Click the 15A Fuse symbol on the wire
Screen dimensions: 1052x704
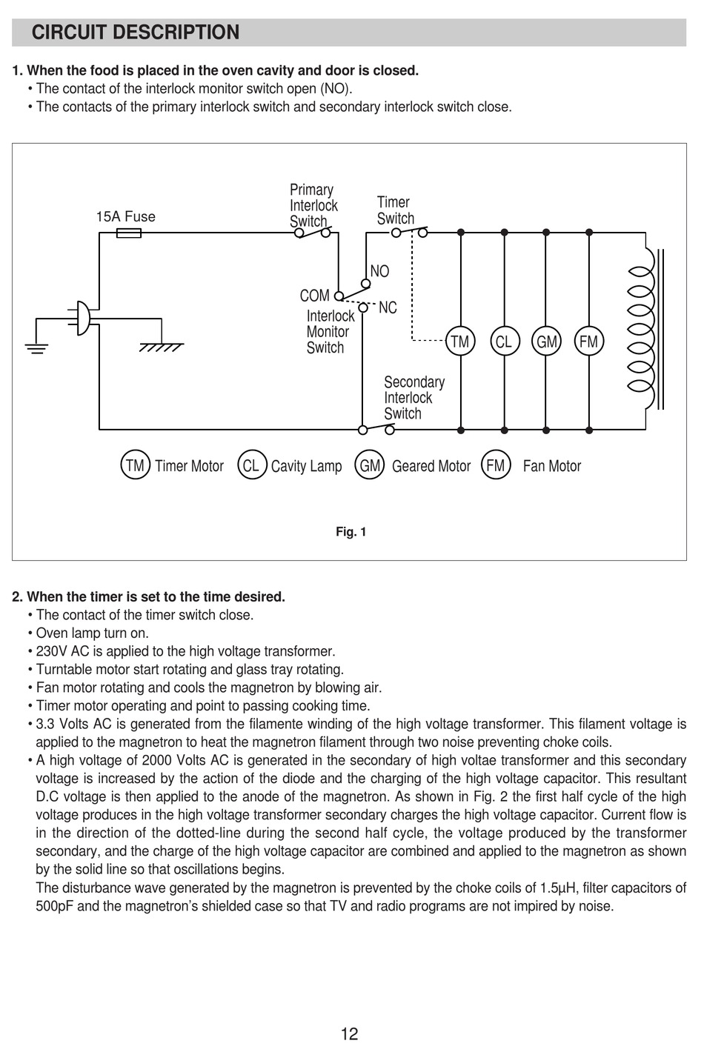(130, 233)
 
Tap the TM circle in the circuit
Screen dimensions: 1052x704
(460, 342)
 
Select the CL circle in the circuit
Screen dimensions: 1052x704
(504, 342)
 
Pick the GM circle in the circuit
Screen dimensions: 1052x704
(547, 342)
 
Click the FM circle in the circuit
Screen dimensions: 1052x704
(589, 342)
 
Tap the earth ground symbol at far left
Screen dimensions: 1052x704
(36, 347)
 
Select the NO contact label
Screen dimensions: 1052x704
(379, 272)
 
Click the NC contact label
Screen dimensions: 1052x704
(388, 307)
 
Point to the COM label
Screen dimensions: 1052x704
(314, 296)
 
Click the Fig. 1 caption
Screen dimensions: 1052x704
(351, 532)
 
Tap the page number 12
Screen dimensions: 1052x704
(350, 1033)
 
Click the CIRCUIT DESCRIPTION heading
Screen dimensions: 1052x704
(136, 33)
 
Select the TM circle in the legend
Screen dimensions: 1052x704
(135, 465)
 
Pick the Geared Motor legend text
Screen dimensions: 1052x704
(431, 466)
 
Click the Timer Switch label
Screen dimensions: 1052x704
(395, 210)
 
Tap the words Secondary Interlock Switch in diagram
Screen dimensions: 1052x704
(414, 398)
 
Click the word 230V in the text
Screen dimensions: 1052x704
(52, 651)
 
